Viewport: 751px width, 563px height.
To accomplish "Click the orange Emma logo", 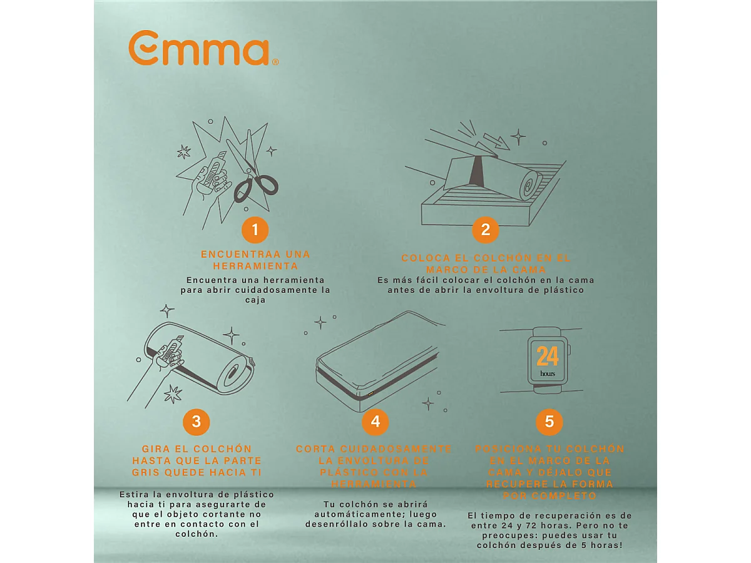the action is pos(203,48).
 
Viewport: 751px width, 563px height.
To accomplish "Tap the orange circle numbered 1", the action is pos(255,230).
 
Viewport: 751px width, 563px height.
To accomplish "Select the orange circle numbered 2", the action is pos(486,230).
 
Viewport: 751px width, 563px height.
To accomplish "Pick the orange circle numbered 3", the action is pos(197,422).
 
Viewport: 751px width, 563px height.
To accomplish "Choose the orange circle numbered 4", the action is pos(375,422).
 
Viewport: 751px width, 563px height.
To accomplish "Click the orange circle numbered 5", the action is pos(549,422).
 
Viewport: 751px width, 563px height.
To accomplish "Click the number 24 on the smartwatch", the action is pos(548,356).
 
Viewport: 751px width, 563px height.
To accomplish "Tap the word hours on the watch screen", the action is pos(548,373).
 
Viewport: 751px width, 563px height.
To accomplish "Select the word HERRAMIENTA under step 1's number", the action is pos(255,266).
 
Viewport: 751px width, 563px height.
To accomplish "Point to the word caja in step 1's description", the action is pos(255,300).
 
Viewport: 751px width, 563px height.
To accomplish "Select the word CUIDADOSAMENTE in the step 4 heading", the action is pos(396,449).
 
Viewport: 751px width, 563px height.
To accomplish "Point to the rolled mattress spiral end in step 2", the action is pos(529,186).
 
